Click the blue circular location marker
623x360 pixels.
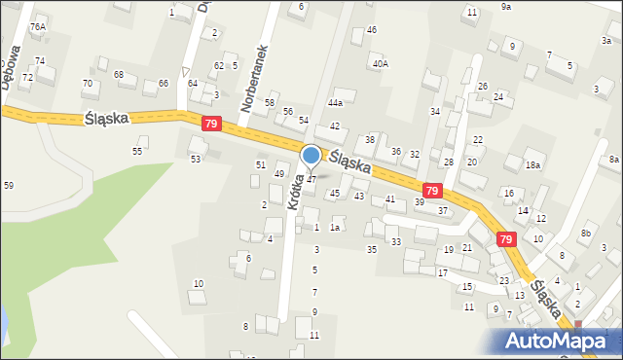coord(311,155)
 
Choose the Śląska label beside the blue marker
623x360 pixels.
coord(349,162)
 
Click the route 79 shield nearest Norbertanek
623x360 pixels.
coord(212,124)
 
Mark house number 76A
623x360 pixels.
coord(38,27)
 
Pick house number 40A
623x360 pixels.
coord(380,63)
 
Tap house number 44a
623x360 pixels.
coord(336,102)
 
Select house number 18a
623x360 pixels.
coord(532,165)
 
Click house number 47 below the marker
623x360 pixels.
coord(311,180)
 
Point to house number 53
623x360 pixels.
coord(196,159)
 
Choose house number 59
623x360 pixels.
coord(9,185)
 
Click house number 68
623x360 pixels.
coord(119,75)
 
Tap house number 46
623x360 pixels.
coord(372,30)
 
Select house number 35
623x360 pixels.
coord(371,250)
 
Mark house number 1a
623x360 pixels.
coord(334,228)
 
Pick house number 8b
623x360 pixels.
coord(585,234)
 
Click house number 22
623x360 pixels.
coord(477,140)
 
